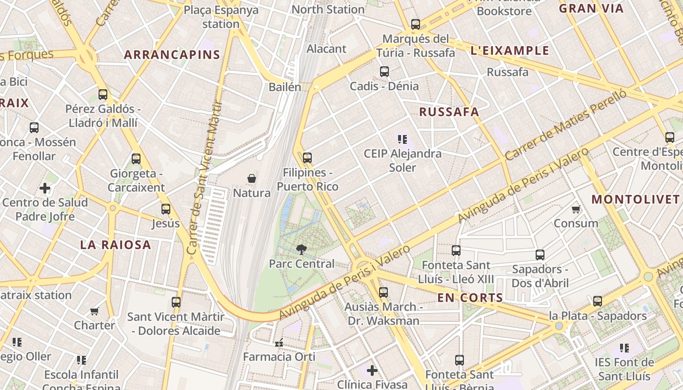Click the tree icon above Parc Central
pos(301,250)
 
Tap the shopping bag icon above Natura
pos(252,179)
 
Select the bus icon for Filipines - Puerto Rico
pos(307,158)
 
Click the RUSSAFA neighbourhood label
pos(449,112)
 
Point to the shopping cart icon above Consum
pos(576,210)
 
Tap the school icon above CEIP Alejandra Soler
pos(402,139)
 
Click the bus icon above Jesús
pos(166,209)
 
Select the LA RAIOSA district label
pos(116,245)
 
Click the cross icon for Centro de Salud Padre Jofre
pos(45,188)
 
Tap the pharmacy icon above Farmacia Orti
pos(279,343)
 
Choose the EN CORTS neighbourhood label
pos(470,297)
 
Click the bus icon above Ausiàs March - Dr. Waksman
pos(383,292)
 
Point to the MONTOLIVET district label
pos(635,199)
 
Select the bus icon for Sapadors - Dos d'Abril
pos(540,255)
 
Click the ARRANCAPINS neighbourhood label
pos(172,55)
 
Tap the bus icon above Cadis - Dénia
pos(384,72)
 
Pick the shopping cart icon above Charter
pos(94,311)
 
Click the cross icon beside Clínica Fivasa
pos(372,370)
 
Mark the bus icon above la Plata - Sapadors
pos(598,301)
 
